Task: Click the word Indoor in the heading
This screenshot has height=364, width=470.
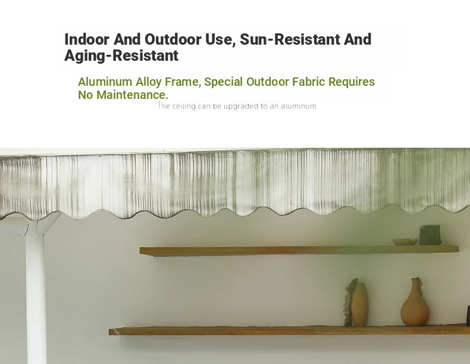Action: (87, 39)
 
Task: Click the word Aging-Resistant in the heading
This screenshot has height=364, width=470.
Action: (121, 56)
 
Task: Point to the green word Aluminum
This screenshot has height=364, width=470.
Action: (105, 82)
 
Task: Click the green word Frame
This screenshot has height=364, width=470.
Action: (183, 82)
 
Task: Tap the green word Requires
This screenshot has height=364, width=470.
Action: (352, 82)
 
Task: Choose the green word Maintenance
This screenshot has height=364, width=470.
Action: (132, 95)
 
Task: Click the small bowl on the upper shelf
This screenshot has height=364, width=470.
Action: (405, 242)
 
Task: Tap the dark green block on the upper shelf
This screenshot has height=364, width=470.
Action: (430, 235)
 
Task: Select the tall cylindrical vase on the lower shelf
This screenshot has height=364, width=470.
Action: (359, 304)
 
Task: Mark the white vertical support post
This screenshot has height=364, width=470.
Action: (35, 291)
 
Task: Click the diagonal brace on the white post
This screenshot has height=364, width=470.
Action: (49, 223)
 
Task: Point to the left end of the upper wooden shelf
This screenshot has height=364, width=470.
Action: (140, 251)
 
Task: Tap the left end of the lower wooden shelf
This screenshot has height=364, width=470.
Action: (109, 332)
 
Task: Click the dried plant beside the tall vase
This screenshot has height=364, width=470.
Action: (349, 301)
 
